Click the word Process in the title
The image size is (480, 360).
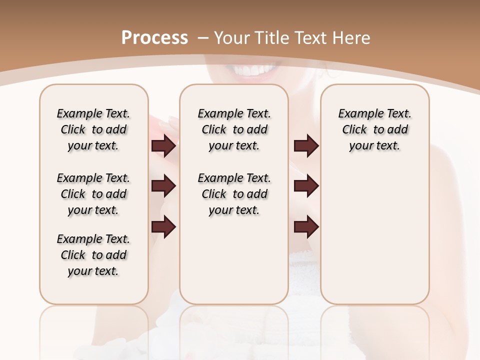[x=154, y=37]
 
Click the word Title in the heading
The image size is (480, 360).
[x=270, y=37]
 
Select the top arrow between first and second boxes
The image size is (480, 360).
[x=163, y=146]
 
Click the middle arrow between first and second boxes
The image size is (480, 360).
[x=163, y=186]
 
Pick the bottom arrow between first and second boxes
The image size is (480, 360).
[x=163, y=227]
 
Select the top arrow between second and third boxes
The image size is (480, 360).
[x=306, y=146]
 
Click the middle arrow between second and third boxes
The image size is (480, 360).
[x=306, y=186]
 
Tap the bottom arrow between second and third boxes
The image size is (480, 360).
[x=306, y=227]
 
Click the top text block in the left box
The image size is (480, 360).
[x=93, y=129]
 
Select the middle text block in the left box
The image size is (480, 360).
[x=93, y=194]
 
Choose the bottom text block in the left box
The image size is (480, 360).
[x=93, y=255]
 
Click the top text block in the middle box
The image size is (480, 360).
[x=234, y=129]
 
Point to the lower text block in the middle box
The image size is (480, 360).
[x=234, y=194]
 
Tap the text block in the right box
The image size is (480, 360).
[x=375, y=129]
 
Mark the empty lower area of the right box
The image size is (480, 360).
[x=375, y=235]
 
